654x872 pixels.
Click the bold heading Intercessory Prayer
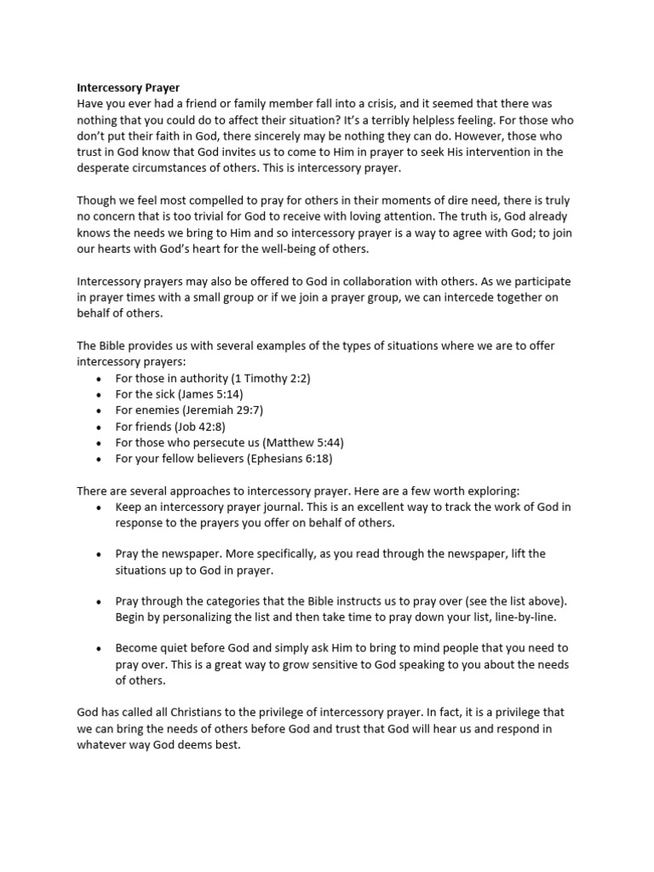point(129,87)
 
